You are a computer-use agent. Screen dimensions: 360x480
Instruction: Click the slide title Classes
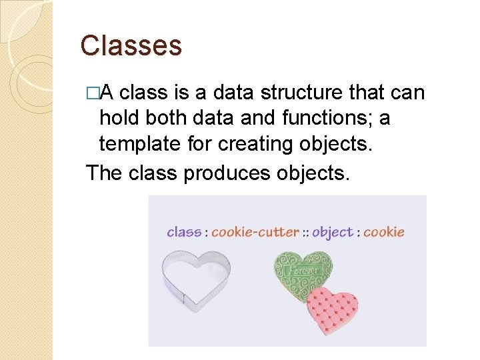pos(131,46)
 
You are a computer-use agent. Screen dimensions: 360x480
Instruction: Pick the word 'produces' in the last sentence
pos(225,173)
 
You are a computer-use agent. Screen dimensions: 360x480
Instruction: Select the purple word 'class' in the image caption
pos(184,232)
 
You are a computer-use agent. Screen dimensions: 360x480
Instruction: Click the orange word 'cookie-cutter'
pos(255,232)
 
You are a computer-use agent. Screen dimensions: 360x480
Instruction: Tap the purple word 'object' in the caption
pos(332,232)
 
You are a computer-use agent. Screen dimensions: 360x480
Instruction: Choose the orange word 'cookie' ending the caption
pos(383,232)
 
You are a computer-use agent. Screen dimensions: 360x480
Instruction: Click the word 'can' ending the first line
pos(407,93)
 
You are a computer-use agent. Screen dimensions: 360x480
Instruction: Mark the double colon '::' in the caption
pos(306,233)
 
